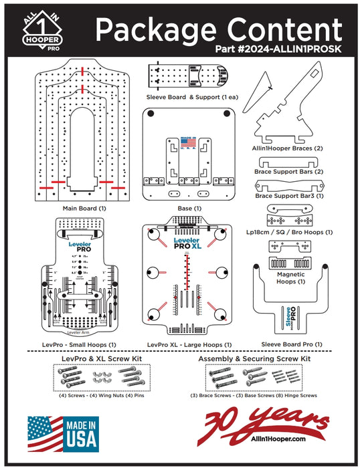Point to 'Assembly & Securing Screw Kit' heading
click(x=254, y=359)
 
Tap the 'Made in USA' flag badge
click(x=62, y=433)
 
